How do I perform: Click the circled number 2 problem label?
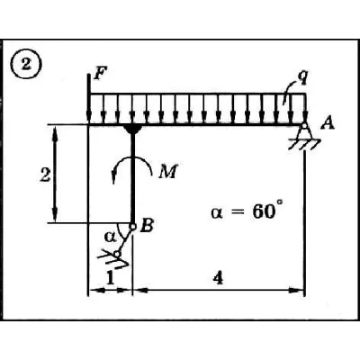click(x=26, y=65)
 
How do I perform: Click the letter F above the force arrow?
click(x=99, y=74)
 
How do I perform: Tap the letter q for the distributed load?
click(x=302, y=77)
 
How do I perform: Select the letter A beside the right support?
click(x=327, y=123)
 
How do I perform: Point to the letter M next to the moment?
click(x=168, y=172)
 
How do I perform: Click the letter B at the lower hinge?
click(x=147, y=226)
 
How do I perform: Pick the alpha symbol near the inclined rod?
click(x=110, y=237)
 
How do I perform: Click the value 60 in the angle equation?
click(x=264, y=212)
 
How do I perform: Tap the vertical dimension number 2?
click(x=45, y=175)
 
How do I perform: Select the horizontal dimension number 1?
click(x=110, y=279)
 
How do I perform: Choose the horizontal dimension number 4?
click(x=218, y=279)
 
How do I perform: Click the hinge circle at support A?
click(x=304, y=126)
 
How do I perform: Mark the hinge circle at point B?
click(x=132, y=227)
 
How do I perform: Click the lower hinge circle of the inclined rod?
click(x=117, y=254)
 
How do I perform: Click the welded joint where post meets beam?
click(x=132, y=130)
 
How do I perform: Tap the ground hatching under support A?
click(x=304, y=144)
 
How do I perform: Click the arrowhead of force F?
click(x=89, y=117)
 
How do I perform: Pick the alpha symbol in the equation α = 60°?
click(x=217, y=213)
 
